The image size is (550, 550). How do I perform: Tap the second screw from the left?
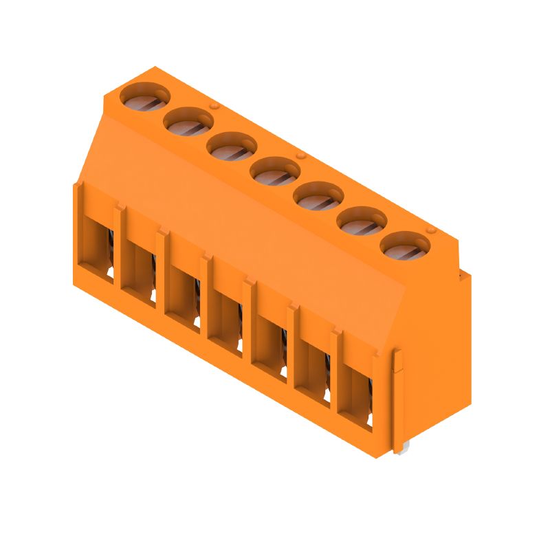[x=188, y=122]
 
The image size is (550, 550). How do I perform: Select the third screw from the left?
[x=232, y=146]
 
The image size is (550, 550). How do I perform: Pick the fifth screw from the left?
[x=318, y=195]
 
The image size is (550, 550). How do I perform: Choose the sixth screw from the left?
[x=362, y=220]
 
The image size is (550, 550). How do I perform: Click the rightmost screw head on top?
[x=405, y=245]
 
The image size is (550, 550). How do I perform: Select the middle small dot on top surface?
[x=300, y=156]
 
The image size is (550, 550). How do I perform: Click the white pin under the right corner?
[x=400, y=449]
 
